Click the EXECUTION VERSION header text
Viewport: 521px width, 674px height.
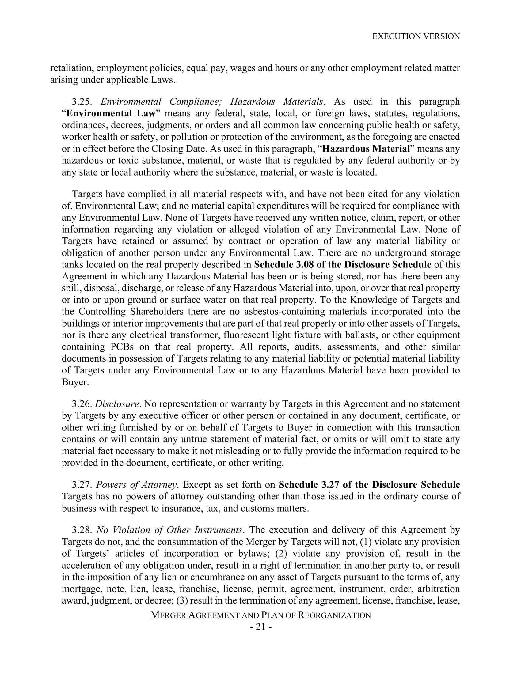(x=416, y=36)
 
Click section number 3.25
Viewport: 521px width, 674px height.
(x=82, y=101)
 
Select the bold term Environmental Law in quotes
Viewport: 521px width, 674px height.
(x=112, y=114)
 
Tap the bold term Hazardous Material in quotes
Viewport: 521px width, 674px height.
(x=366, y=149)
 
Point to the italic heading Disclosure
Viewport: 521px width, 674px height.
(x=117, y=404)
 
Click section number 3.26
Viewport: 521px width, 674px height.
(x=82, y=404)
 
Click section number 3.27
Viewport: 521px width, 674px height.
(x=82, y=485)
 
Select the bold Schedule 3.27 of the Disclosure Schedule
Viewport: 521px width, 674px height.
(x=369, y=485)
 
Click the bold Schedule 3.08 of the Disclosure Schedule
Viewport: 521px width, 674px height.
(x=343, y=264)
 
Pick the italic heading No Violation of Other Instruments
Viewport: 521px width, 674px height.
(x=169, y=530)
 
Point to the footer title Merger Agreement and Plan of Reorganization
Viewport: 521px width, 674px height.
(x=260, y=615)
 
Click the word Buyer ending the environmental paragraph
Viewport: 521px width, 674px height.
(x=75, y=382)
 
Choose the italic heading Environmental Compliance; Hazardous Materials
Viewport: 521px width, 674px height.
(x=212, y=101)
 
